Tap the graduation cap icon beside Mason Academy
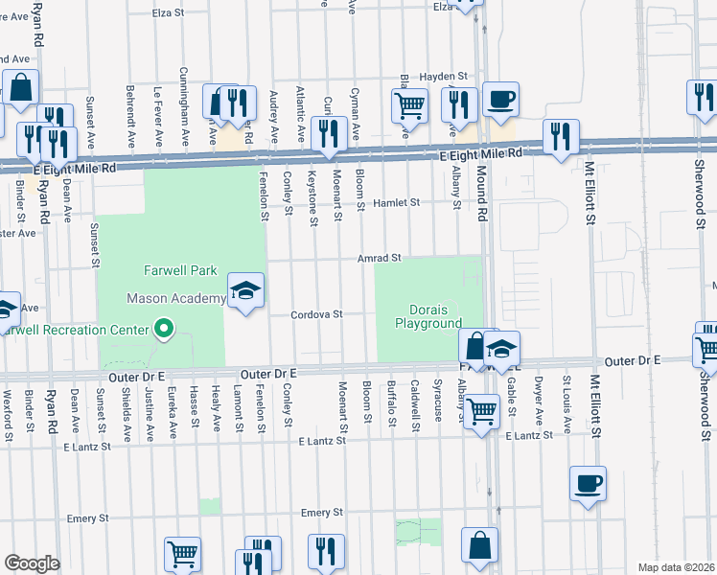[245, 290]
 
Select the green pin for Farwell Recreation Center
[164, 331]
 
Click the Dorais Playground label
[429, 316]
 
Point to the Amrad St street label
[379, 258]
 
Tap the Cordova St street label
[317, 313]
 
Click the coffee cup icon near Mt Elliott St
[588, 484]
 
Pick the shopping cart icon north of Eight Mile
[410, 104]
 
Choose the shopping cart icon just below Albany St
[482, 412]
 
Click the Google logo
[31, 563]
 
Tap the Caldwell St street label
[414, 403]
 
